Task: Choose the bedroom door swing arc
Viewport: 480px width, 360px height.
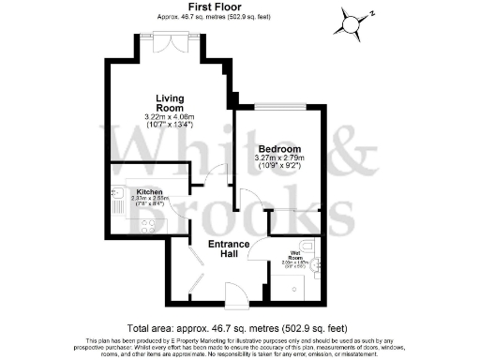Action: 250,199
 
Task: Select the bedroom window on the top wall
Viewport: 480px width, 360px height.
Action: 277,106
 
